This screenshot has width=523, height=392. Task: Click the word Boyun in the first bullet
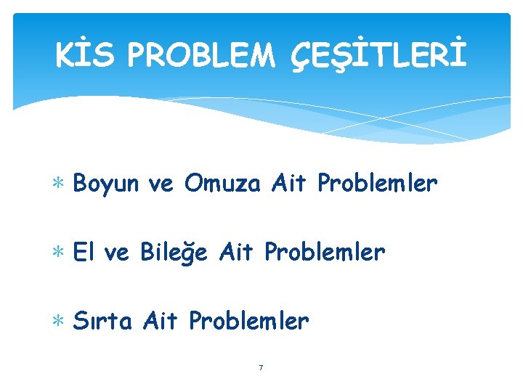click(105, 185)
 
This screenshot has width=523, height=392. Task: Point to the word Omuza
click(222, 184)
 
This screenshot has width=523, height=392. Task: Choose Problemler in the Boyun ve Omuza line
click(377, 184)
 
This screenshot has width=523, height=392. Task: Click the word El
click(84, 252)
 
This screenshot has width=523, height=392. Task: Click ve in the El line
click(115, 253)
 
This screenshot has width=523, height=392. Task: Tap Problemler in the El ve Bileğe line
click(324, 252)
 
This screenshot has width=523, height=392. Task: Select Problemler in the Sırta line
click(248, 319)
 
